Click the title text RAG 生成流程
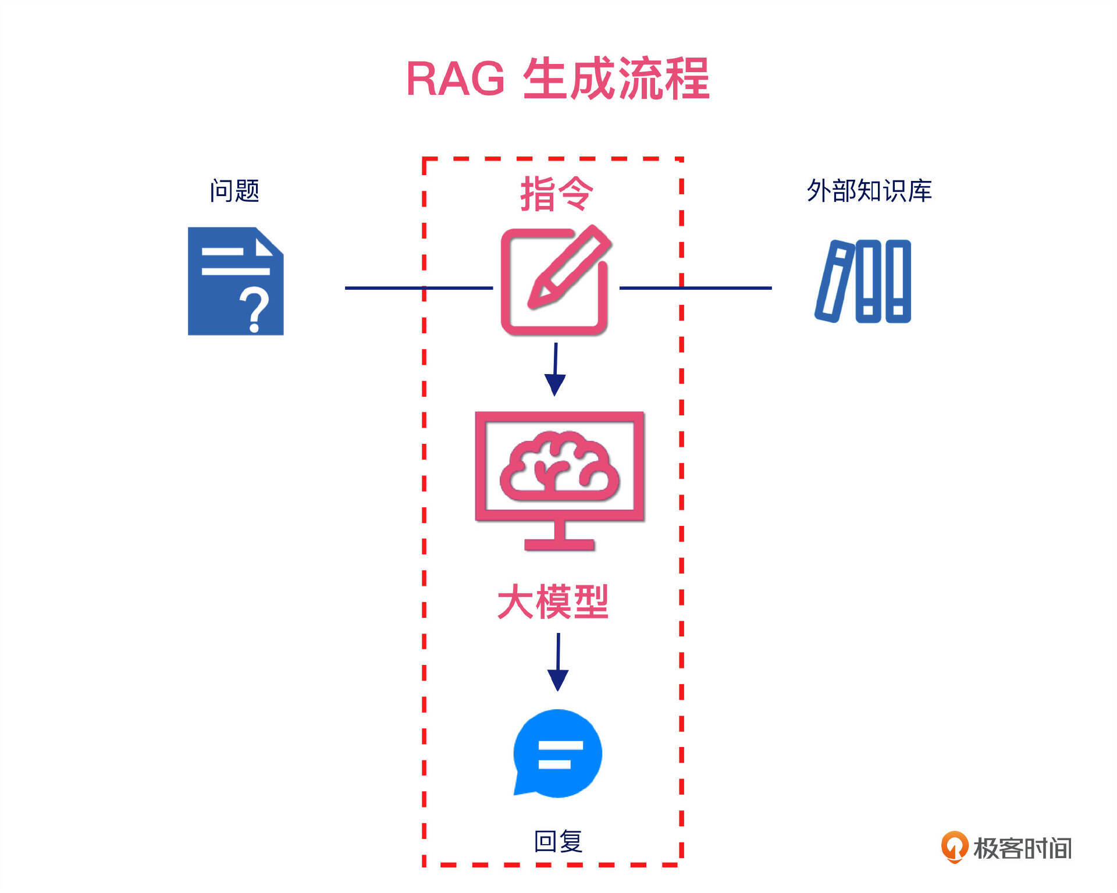(557, 79)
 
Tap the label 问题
(234, 191)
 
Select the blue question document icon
(235, 281)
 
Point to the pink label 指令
(556, 194)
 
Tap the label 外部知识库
(869, 191)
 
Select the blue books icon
(863, 281)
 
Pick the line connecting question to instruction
(419, 288)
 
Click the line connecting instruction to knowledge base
(695, 288)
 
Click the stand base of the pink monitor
(559, 545)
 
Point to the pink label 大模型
(553, 602)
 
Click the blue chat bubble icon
(558, 753)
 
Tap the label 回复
(558, 841)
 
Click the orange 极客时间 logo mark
(954, 847)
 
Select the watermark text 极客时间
(1022, 848)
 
